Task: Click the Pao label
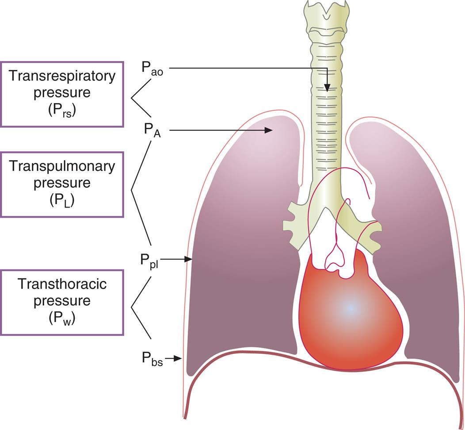click(152, 69)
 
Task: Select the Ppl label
click(150, 261)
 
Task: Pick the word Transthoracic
click(62, 284)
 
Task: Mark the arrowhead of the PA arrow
click(268, 130)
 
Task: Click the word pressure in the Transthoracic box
click(62, 301)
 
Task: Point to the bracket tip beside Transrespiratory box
click(131, 99)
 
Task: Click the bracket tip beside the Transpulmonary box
click(131, 191)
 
